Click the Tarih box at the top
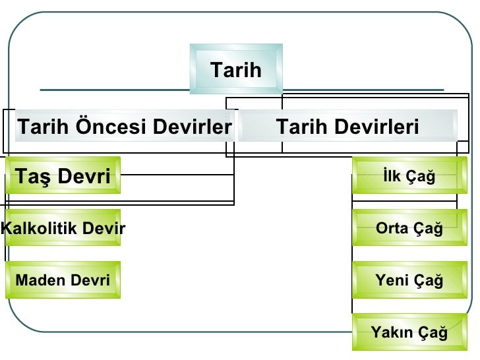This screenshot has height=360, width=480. [236, 69]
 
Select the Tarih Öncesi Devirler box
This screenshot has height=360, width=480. [124, 126]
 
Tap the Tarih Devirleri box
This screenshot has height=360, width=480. [347, 126]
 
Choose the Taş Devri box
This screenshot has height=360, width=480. [63, 176]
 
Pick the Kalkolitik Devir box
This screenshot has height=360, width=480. [63, 228]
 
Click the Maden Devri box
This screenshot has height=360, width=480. [63, 280]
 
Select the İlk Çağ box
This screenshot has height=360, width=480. [409, 176]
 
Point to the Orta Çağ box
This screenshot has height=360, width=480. [409, 228]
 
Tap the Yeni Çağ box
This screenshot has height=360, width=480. [409, 280]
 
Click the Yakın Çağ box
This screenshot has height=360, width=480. [409, 332]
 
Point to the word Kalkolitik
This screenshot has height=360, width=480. [34, 229]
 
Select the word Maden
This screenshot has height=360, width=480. [38, 280]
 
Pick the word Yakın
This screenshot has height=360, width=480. [390, 332]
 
